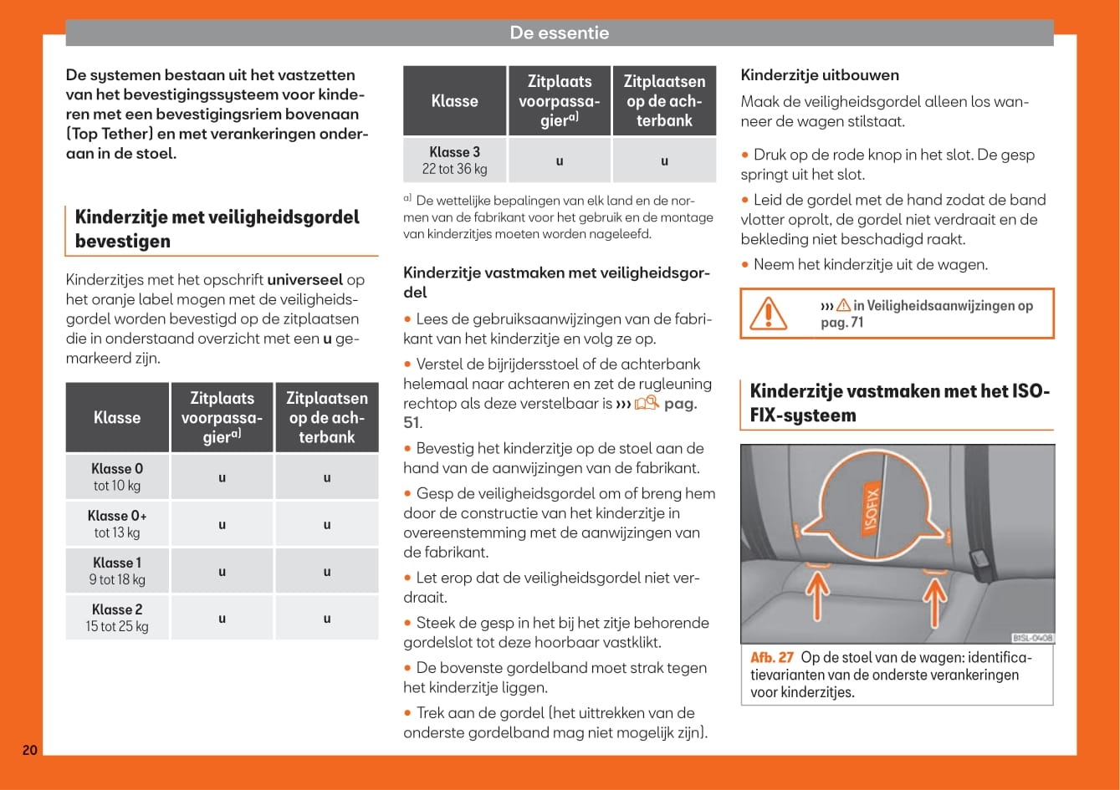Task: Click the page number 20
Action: [x=29, y=750]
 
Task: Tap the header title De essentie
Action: [x=559, y=33]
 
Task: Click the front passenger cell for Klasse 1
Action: [x=222, y=572]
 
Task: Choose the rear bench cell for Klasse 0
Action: [x=326, y=477]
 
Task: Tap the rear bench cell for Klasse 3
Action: [x=664, y=161]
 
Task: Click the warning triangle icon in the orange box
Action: [x=767, y=313]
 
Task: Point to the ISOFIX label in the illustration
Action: [x=871, y=508]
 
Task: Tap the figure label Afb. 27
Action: [x=771, y=657]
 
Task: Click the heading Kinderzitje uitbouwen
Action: [x=820, y=75]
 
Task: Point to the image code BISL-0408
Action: [x=1032, y=638]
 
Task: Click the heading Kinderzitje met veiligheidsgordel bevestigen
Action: [x=217, y=229]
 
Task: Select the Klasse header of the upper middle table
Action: [x=454, y=100]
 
